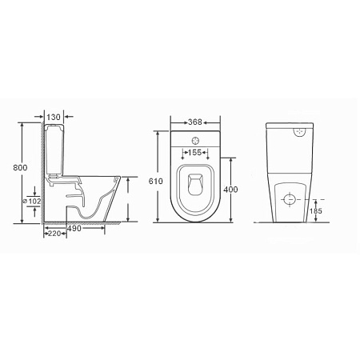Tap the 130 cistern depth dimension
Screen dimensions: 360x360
tap(54, 118)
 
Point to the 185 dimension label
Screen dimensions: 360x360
tap(318, 212)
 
